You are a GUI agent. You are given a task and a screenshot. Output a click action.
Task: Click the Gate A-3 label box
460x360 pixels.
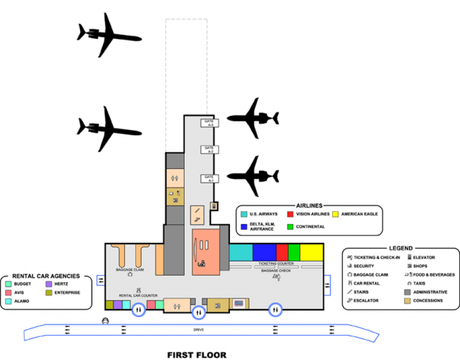pos(210,123)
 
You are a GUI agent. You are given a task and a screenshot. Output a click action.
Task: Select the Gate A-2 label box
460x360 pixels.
pos(210,150)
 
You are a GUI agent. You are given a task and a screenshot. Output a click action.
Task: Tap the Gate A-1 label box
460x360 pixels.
pos(210,178)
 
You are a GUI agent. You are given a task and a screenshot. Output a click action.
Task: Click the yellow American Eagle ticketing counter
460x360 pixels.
pos(312,253)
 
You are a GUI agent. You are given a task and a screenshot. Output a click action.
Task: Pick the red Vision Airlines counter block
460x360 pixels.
pos(282,253)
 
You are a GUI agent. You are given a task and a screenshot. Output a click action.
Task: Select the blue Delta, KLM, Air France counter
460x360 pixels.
pos(264,253)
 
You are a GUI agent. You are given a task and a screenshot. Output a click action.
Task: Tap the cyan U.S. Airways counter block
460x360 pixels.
pos(241,253)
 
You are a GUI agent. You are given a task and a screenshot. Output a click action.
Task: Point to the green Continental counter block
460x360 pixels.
pos(293,253)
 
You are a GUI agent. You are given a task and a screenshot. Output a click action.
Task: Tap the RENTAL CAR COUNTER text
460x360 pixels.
pos(138,295)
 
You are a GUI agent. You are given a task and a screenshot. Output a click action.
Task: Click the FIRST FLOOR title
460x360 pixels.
pos(196,354)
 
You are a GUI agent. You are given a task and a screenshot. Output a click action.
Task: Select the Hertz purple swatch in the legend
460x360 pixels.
pos(49,285)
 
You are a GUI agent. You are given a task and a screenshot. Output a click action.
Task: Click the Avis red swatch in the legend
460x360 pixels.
pos(8,292)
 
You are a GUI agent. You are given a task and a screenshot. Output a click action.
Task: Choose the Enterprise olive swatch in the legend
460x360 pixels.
pos(49,292)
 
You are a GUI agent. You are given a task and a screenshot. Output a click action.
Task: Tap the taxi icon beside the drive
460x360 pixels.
pos(106,320)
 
